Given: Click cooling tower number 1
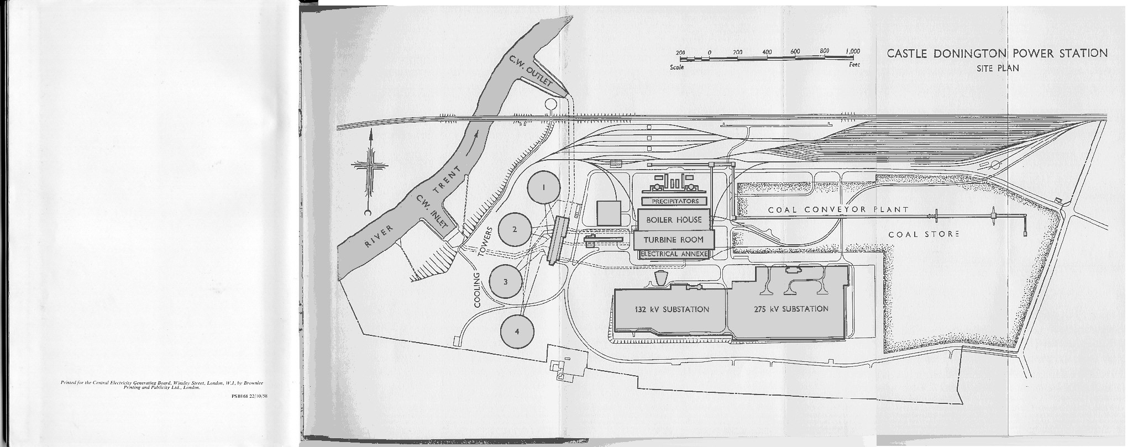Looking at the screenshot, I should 543,187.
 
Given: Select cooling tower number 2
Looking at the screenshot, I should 515,229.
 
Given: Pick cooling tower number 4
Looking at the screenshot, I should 517,332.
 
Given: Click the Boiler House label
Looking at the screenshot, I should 674,220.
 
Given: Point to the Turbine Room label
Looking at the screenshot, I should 673,240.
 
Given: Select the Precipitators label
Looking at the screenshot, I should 675,201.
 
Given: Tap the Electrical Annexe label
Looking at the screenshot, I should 674,254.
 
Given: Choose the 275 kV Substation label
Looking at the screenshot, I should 791,309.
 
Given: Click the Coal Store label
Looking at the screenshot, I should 924,234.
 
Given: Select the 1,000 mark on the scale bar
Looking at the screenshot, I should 853,51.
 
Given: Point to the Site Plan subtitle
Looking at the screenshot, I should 997,69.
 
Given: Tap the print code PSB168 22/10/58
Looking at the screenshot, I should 250,395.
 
